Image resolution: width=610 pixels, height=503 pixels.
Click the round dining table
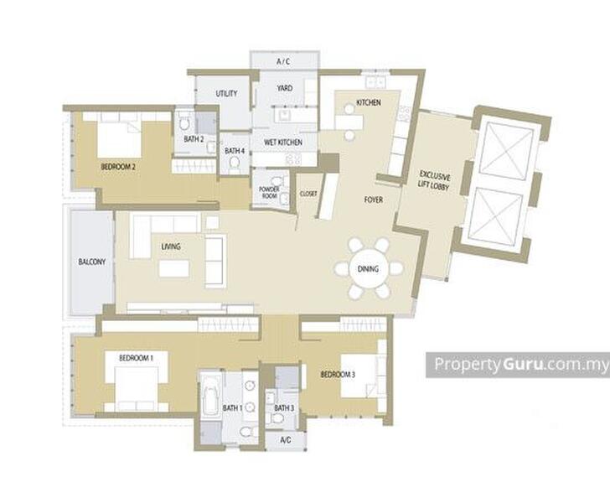[368, 269]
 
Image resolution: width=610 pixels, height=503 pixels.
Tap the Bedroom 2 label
[118, 167]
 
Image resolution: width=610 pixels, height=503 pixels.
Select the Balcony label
[92, 262]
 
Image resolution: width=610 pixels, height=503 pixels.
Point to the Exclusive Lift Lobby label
[434, 181]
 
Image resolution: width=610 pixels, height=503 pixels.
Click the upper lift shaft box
[506, 151]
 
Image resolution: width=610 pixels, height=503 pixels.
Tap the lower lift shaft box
[496, 216]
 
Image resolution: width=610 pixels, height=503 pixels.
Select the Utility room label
[226, 93]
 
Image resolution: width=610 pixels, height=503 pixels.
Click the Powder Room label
[269, 192]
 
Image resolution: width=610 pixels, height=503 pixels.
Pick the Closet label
[308, 194]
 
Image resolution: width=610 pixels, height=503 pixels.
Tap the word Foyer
[374, 200]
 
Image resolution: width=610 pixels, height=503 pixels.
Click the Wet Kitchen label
[283, 143]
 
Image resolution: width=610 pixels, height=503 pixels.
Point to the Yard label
[284, 88]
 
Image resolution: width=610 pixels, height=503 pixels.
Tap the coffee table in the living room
[174, 268]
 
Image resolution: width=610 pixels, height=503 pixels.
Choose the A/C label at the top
[283, 61]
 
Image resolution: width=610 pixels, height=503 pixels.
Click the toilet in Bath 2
[184, 124]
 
